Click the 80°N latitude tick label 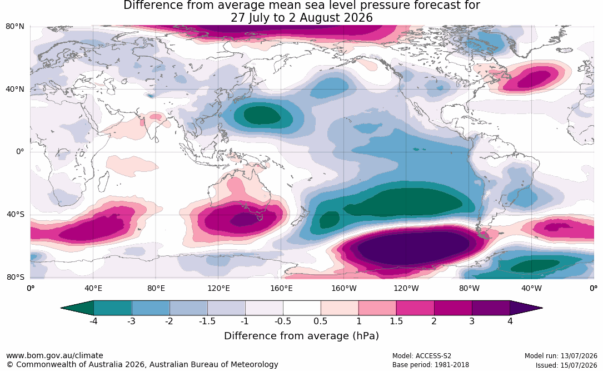[x=14, y=27]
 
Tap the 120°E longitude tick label [x=218, y=288]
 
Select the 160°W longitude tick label [x=344, y=288]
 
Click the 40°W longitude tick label [x=532, y=288]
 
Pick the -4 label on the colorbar [x=93, y=321]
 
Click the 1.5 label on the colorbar [x=396, y=321]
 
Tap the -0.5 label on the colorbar [x=283, y=321]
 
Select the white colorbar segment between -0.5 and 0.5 [x=302, y=308]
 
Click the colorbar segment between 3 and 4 [x=491, y=308]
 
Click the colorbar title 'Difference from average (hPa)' [x=301, y=335]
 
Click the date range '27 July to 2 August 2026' [x=301, y=18]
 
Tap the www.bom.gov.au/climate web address [x=54, y=355]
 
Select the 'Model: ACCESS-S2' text [x=422, y=355]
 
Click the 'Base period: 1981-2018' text [x=431, y=364]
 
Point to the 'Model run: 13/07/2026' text [x=561, y=355]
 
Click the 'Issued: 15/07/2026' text [x=566, y=365]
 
